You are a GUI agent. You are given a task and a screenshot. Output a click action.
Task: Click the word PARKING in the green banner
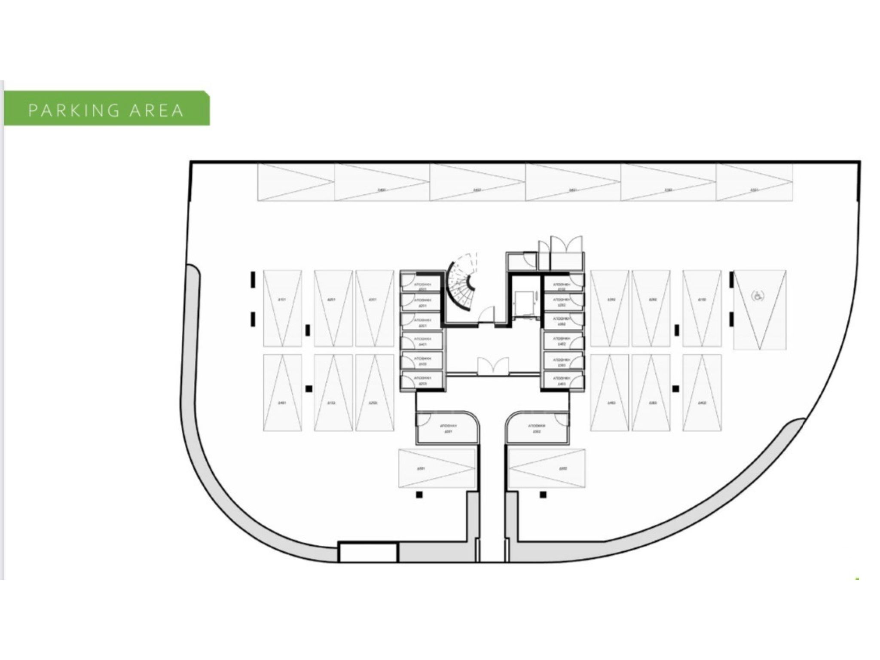(73, 110)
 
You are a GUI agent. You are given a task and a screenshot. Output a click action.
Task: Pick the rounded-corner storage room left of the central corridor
(447, 428)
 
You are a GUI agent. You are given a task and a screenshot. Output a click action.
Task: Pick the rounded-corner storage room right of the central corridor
(537, 428)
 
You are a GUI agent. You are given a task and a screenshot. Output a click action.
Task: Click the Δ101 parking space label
(282, 299)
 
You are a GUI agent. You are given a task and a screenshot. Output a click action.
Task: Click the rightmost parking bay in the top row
(754, 182)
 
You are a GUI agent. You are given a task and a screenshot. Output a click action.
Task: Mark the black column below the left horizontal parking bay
(419, 495)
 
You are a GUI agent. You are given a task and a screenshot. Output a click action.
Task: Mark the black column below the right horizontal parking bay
(543, 495)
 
